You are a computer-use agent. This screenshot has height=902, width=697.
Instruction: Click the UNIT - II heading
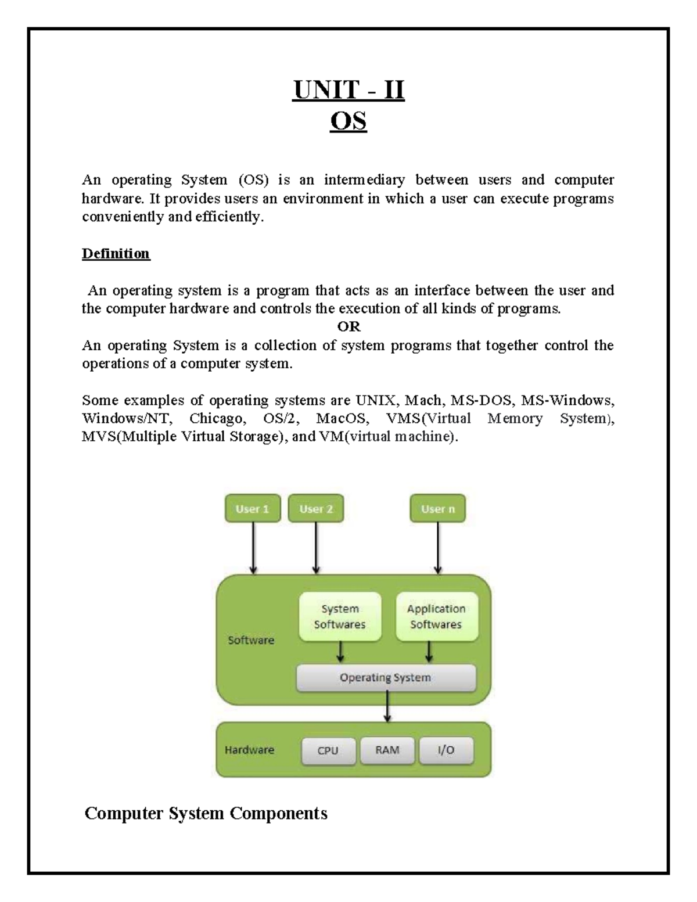pyautogui.click(x=348, y=91)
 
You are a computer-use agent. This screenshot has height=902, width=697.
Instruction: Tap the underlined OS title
pyautogui.click(x=348, y=122)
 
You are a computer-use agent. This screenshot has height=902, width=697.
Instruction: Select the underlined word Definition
pyautogui.click(x=116, y=254)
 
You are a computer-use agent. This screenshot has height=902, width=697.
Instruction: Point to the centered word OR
pyautogui.click(x=348, y=326)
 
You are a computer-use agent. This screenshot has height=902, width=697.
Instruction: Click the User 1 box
pyautogui.click(x=253, y=509)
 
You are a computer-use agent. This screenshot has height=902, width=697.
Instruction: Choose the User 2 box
pyautogui.click(x=316, y=509)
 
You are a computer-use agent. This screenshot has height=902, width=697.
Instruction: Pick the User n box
pyautogui.click(x=438, y=509)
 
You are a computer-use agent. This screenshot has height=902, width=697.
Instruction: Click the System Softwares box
pyautogui.click(x=340, y=616)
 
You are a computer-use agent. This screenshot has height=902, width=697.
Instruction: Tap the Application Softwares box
pyautogui.click(x=436, y=616)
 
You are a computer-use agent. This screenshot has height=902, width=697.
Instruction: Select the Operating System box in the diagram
pyautogui.click(x=386, y=678)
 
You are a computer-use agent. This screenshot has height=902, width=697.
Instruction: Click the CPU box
pyautogui.click(x=328, y=750)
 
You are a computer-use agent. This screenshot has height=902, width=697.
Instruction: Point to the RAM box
pyautogui.click(x=387, y=750)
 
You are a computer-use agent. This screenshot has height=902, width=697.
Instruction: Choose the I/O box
pyautogui.click(x=446, y=750)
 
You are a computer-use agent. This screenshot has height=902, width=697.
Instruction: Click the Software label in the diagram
pyautogui.click(x=251, y=640)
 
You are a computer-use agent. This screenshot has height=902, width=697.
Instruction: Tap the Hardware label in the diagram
pyautogui.click(x=249, y=750)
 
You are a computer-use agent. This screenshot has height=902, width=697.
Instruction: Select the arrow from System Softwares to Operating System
pyautogui.click(x=340, y=652)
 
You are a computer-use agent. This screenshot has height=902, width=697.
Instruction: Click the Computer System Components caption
pyautogui.click(x=206, y=813)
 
